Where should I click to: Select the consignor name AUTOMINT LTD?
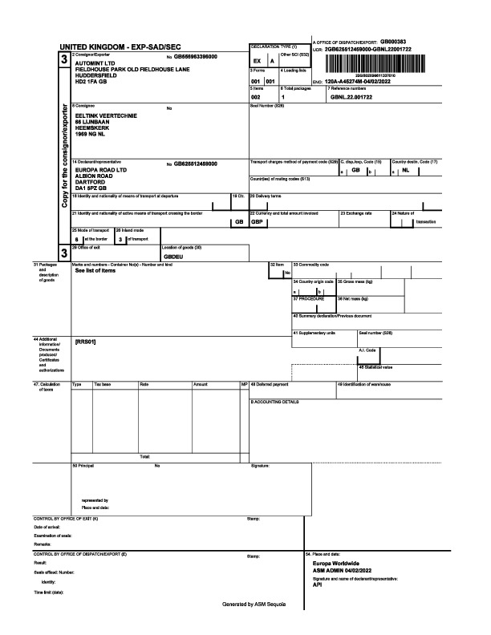click(94, 63)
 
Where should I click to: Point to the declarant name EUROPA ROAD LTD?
click(101, 170)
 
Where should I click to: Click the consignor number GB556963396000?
click(196, 57)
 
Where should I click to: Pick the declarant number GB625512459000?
click(196, 164)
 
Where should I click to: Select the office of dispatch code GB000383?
click(393, 41)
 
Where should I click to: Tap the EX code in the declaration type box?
click(257, 61)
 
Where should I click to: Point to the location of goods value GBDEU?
click(174, 257)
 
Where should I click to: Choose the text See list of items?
click(95, 271)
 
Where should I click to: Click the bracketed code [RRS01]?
click(86, 342)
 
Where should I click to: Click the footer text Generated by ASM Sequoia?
click(254, 603)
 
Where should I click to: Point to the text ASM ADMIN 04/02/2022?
click(343, 570)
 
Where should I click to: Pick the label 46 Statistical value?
click(375, 366)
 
